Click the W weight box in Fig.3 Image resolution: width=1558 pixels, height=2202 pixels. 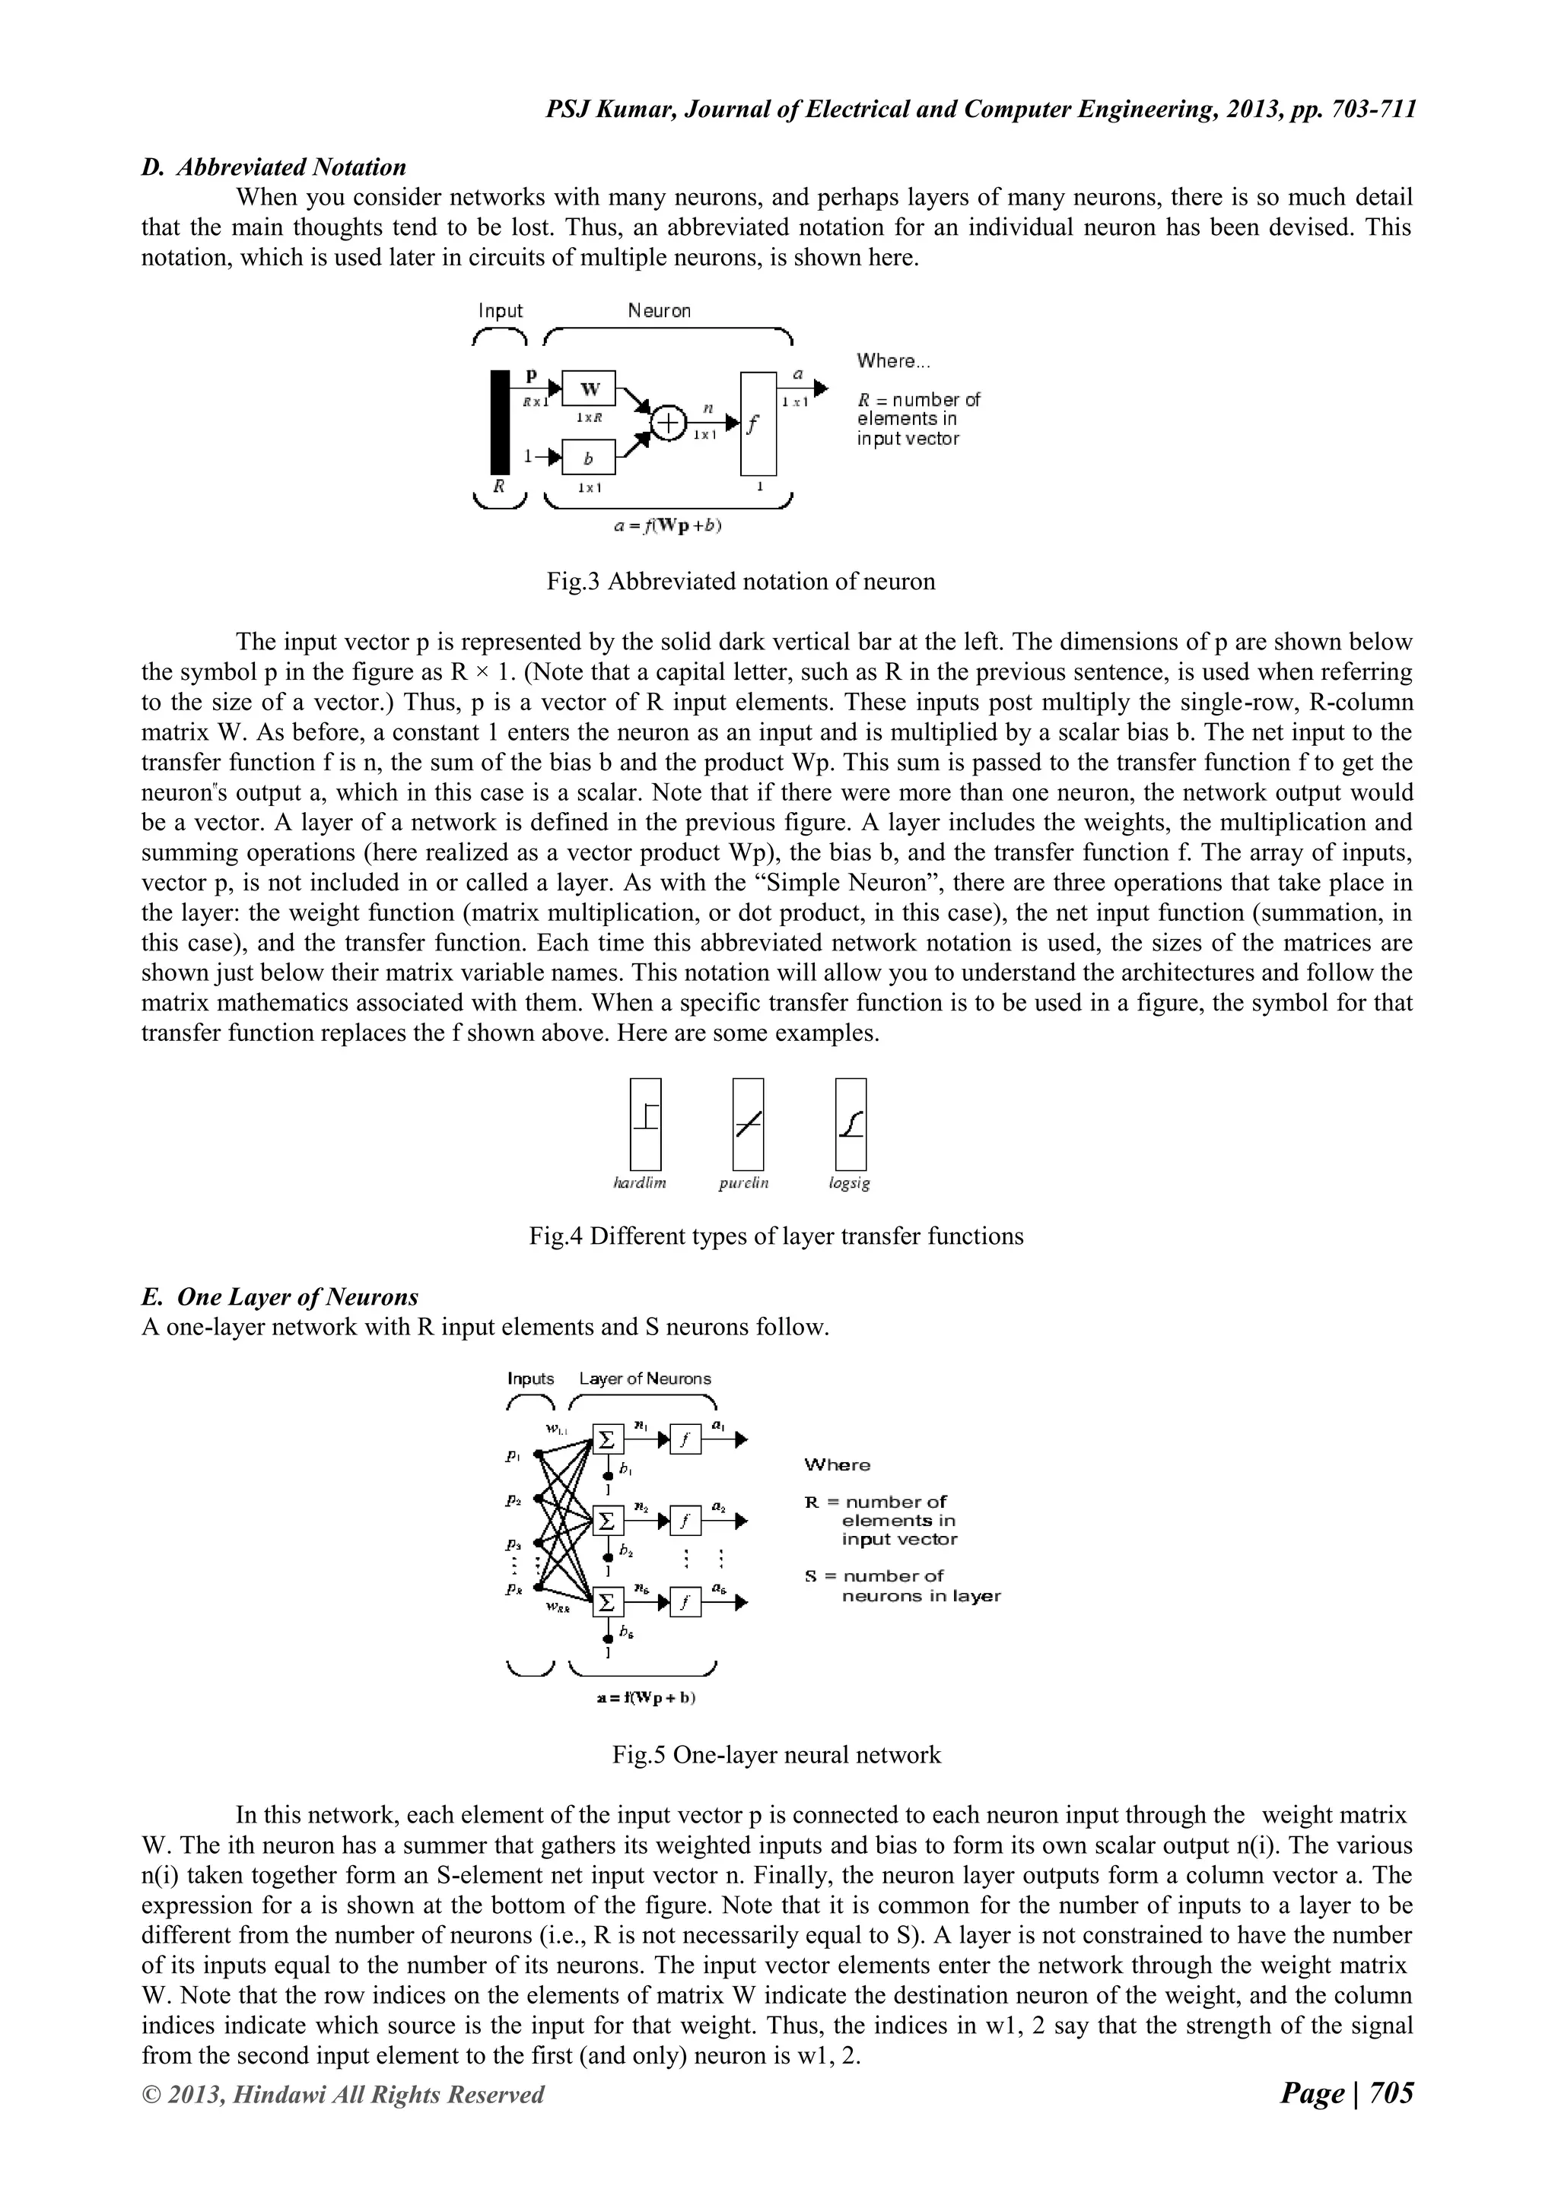click(x=589, y=389)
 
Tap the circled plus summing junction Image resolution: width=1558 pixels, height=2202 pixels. click(x=669, y=422)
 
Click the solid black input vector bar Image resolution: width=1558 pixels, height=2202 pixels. click(x=500, y=422)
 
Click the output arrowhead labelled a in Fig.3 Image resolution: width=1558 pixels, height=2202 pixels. click(x=820, y=388)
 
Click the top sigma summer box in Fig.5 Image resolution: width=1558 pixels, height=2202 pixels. click(x=607, y=1439)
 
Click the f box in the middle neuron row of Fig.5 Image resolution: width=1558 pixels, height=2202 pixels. click(x=685, y=1521)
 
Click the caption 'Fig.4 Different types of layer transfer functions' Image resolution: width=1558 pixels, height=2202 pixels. click(x=776, y=1236)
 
